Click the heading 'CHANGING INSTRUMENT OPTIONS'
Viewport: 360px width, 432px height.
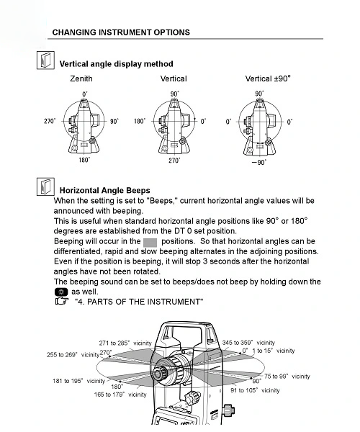[121, 32]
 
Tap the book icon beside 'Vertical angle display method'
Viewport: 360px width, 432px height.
[45, 60]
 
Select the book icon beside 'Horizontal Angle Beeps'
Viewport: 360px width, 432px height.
[45, 186]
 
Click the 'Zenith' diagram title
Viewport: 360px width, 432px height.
[81, 78]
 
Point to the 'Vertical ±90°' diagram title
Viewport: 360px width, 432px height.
[268, 78]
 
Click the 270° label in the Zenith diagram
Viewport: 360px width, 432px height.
[50, 121]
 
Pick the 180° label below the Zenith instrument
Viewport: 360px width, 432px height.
[84, 160]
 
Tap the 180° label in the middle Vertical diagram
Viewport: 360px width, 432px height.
[140, 121]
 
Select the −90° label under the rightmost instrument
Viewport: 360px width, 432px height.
[259, 162]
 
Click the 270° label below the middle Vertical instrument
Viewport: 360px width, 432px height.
[174, 160]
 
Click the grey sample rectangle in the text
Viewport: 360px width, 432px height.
[150, 243]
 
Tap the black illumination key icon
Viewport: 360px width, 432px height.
[61, 292]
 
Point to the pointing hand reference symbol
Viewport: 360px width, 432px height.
[62, 301]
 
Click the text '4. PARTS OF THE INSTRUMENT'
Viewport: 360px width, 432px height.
[139, 302]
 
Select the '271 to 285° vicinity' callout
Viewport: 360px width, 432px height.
[125, 343]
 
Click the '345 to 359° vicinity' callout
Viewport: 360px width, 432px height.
[248, 343]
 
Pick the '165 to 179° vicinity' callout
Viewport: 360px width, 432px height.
[120, 395]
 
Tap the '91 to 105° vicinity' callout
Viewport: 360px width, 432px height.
[255, 390]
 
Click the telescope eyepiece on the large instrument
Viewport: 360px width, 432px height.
[158, 374]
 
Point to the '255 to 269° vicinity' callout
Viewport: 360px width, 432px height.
[73, 354]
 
